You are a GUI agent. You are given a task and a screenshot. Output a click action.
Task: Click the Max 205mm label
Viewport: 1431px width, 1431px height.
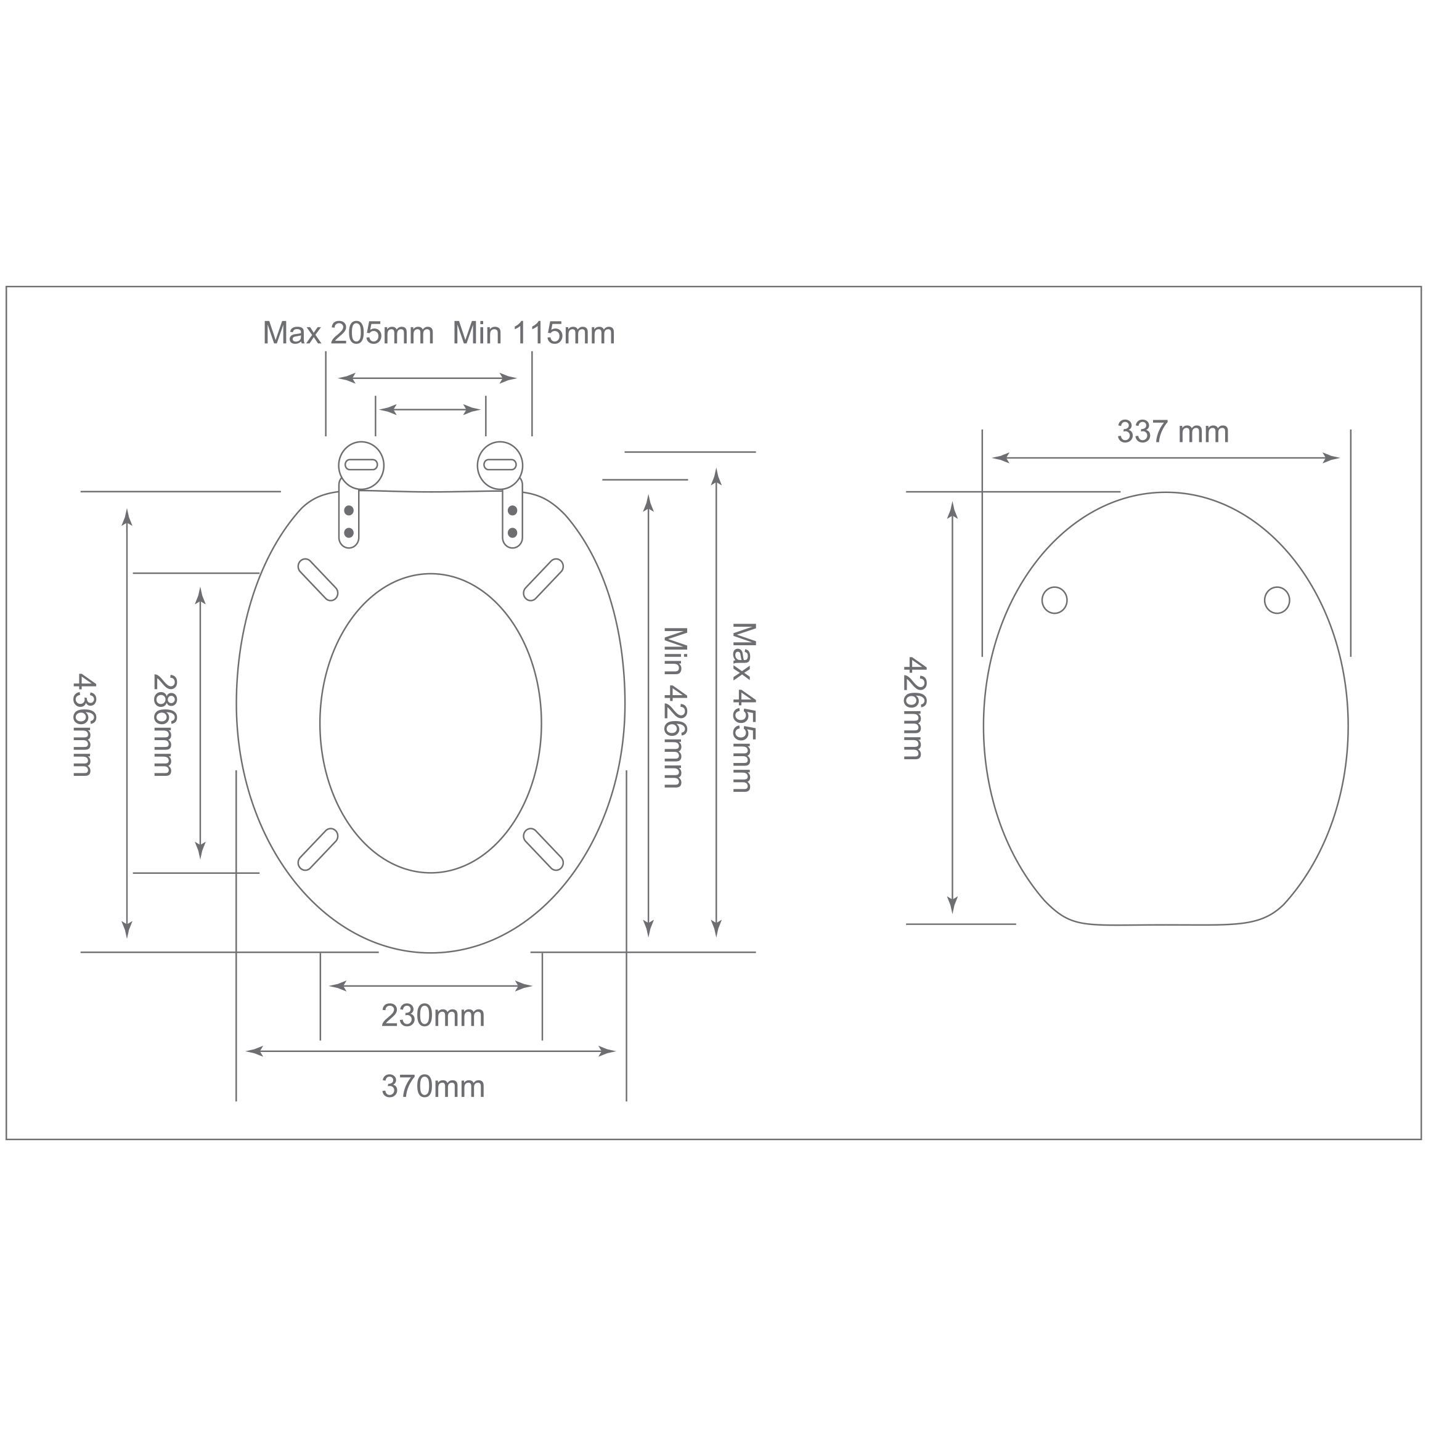click(348, 334)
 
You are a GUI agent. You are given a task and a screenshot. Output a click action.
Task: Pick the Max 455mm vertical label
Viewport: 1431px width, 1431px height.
click(743, 707)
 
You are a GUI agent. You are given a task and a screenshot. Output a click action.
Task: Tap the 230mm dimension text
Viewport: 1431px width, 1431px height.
click(433, 1016)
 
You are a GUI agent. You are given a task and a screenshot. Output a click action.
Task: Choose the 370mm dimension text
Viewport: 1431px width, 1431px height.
click(433, 1086)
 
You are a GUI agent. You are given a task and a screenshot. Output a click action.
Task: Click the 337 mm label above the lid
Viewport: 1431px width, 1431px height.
click(1173, 432)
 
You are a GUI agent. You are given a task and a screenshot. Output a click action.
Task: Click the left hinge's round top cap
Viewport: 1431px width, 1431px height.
click(362, 465)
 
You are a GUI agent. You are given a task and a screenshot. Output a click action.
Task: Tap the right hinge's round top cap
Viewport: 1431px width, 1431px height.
click(500, 465)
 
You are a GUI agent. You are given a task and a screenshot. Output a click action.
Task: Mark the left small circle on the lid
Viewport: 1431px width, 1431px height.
click(1054, 600)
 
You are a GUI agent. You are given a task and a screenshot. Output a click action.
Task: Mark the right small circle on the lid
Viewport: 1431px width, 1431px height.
click(1277, 600)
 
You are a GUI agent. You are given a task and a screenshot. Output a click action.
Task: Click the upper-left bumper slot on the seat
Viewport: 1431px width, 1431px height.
click(318, 580)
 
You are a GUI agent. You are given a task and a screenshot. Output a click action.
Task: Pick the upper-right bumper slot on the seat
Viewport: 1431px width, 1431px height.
click(544, 580)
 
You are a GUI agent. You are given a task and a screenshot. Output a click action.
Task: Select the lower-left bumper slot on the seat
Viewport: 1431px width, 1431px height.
click(318, 849)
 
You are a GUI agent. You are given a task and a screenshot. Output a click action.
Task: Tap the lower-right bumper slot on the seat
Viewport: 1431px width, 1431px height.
click(544, 849)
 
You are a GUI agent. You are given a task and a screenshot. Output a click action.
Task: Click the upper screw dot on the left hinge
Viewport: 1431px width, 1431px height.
click(349, 511)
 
